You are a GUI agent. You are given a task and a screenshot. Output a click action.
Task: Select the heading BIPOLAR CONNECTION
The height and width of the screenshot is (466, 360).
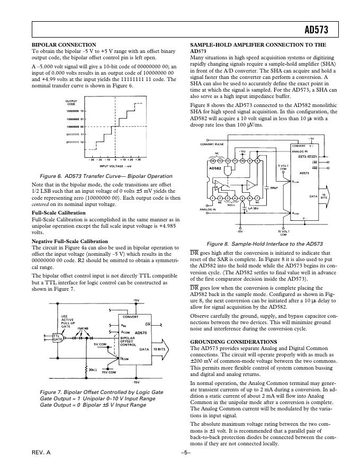coord(64,45)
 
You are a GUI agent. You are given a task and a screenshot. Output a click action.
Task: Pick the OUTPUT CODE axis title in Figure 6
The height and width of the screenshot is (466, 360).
coord(71,103)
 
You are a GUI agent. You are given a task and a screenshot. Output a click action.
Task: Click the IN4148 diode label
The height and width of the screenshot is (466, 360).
coord(83,329)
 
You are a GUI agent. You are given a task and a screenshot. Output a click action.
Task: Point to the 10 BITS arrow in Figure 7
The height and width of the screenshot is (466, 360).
coord(160,350)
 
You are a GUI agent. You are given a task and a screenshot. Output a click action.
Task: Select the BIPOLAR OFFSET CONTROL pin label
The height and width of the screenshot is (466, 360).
coord(130,340)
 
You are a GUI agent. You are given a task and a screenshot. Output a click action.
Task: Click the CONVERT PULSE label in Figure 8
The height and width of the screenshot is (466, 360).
coord(212,145)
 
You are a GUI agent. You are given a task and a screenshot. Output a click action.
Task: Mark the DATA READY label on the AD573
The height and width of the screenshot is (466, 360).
coord(308,157)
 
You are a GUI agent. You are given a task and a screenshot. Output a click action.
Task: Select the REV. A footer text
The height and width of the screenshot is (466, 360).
coord(41,453)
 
